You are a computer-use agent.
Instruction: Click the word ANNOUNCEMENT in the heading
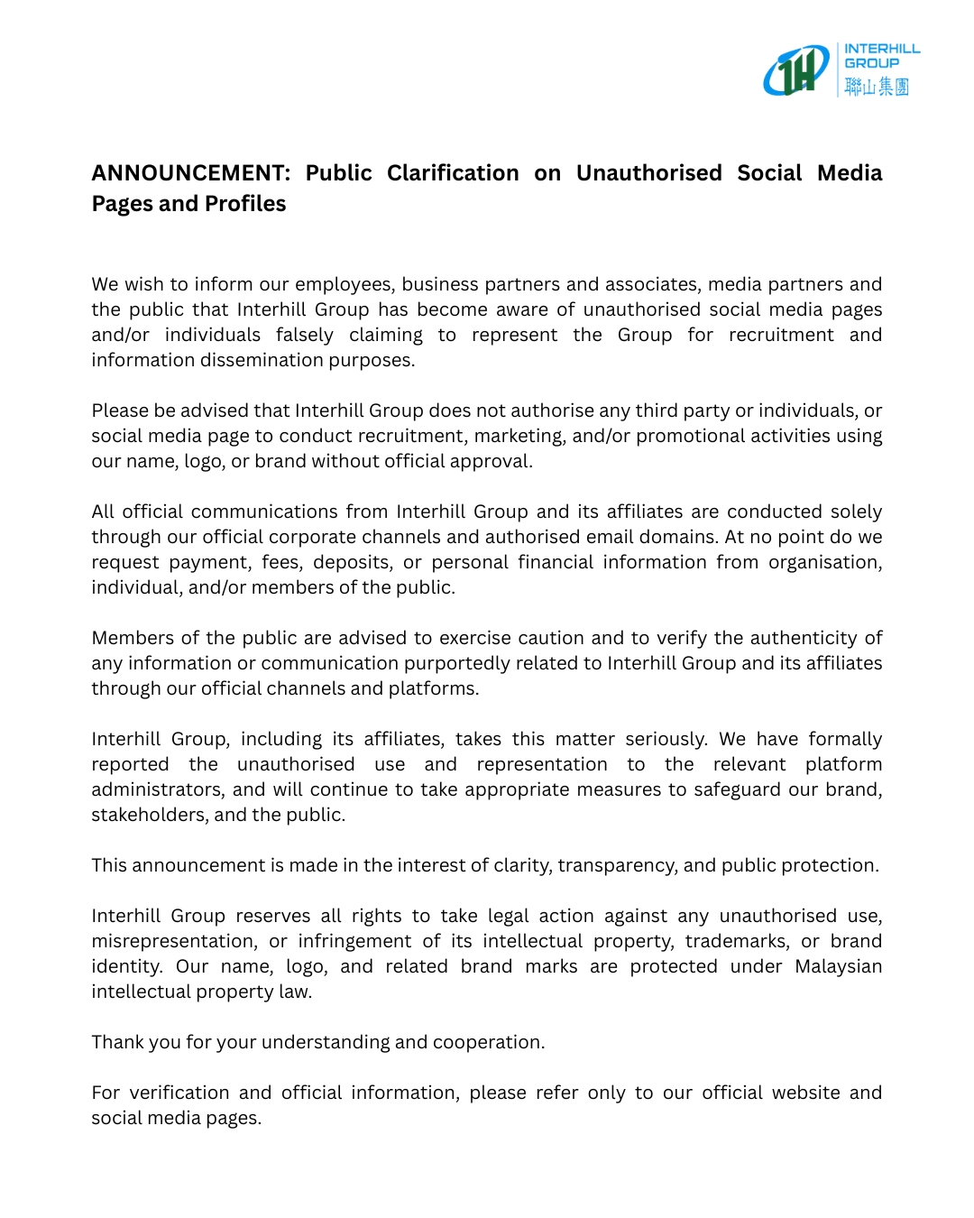point(190,173)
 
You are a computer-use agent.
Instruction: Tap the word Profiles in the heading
point(245,204)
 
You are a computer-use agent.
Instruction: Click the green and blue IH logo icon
point(796,70)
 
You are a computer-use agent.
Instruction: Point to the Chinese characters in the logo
point(877,87)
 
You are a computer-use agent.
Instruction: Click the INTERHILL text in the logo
point(882,49)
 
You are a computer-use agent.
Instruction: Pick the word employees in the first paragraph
point(345,284)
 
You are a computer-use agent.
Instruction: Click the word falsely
point(305,335)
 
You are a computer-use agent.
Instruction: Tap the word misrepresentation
point(172,941)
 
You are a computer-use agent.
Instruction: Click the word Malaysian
point(838,966)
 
